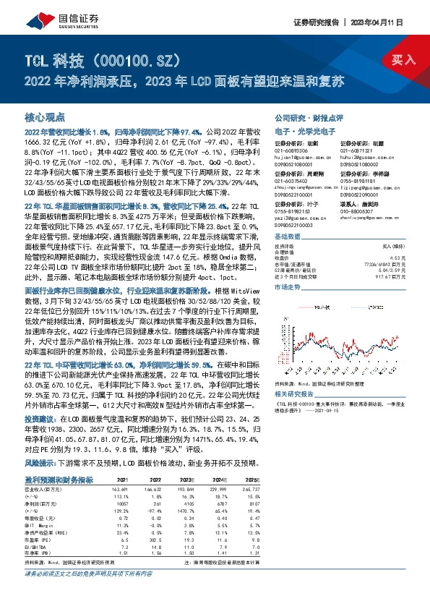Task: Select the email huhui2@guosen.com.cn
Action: [358, 156]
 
